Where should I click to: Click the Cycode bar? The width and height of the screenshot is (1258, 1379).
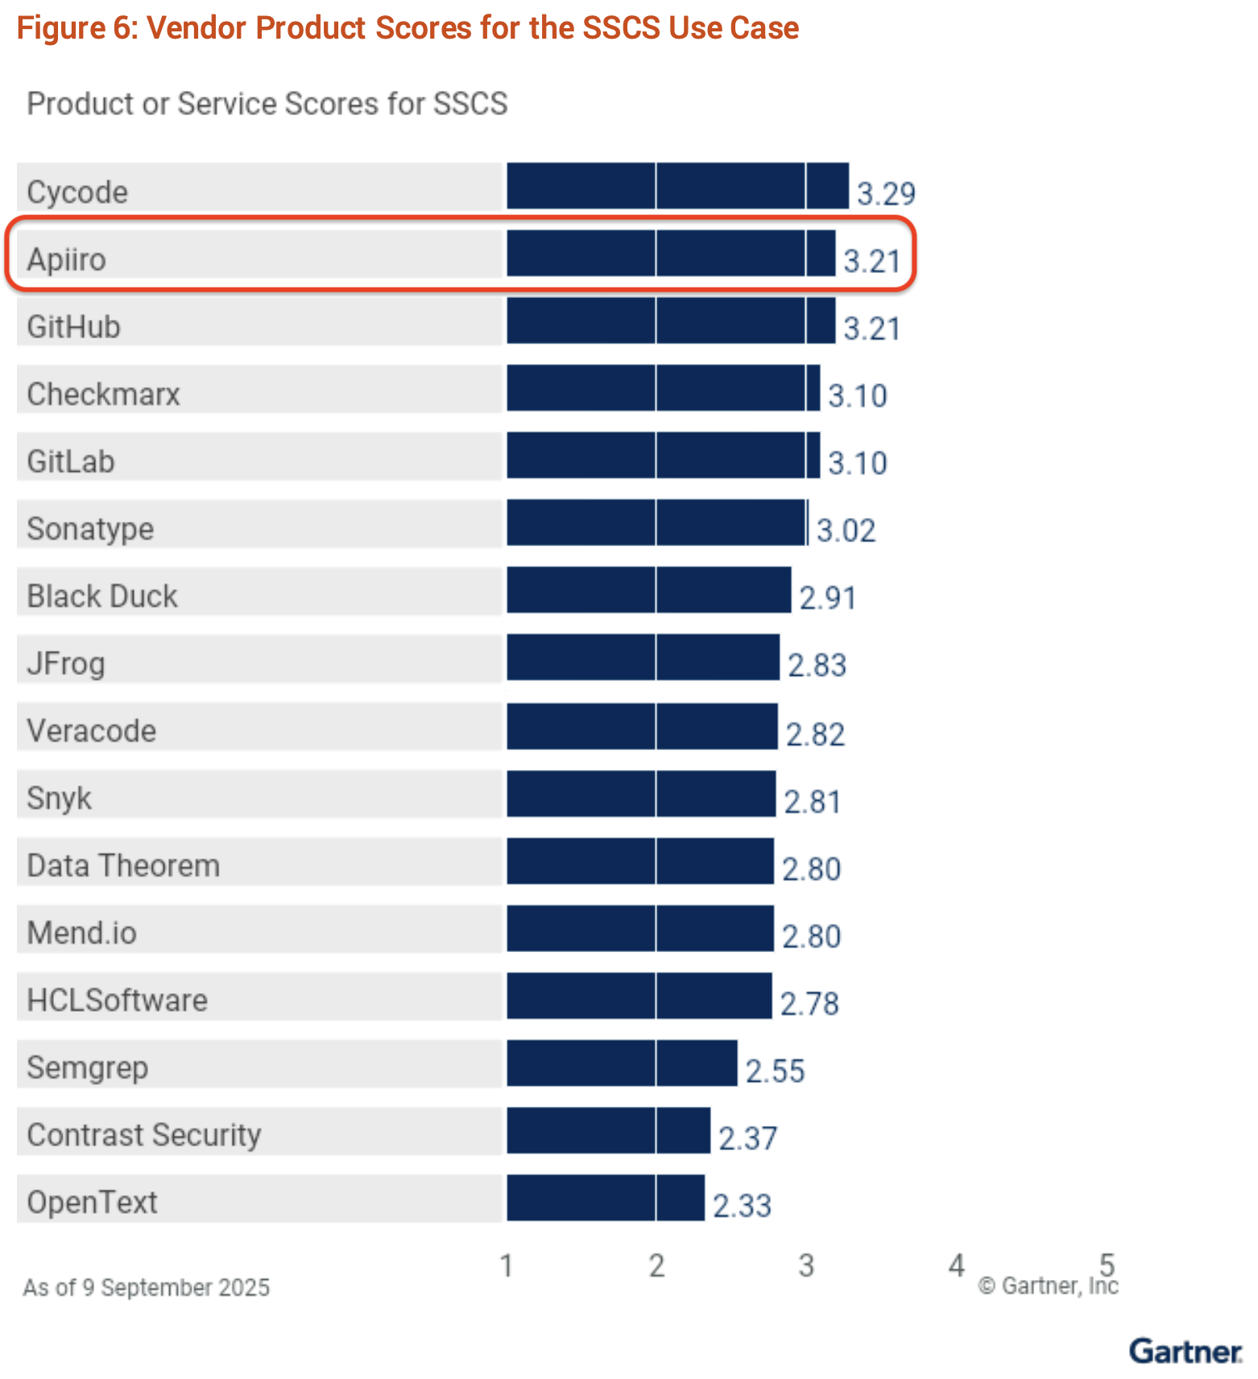pyautogui.click(x=677, y=186)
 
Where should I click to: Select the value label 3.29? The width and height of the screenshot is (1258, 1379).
pyautogui.click(x=885, y=193)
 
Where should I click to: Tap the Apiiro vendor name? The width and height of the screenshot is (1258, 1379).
pyautogui.click(x=66, y=259)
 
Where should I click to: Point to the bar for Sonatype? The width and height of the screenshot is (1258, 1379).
pyautogui.click(x=656, y=523)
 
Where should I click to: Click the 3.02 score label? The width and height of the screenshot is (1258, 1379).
pyautogui.click(x=846, y=530)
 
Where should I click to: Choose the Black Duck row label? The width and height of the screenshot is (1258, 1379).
pyautogui.click(x=102, y=596)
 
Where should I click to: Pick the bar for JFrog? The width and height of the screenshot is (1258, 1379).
pyautogui.click(x=643, y=657)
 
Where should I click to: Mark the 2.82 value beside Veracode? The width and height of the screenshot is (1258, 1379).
pyautogui.click(x=815, y=734)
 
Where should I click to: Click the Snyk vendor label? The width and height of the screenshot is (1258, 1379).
pyautogui.click(x=59, y=798)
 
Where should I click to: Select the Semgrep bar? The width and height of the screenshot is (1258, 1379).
pyautogui.click(x=622, y=1062)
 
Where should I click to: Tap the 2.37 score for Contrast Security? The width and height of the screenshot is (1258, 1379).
pyautogui.click(x=747, y=1138)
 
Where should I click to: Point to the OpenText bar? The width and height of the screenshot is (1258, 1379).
pyautogui.click(x=606, y=1198)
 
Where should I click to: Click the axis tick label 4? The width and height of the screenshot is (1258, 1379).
pyautogui.click(x=956, y=1265)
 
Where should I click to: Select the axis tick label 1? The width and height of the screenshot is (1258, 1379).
pyautogui.click(x=507, y=1265)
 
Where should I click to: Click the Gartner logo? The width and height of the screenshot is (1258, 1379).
pyautogui.click(x=1185, y=1351)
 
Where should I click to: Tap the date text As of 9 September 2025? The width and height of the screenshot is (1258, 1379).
pyautogui.click(x=146, y=1287)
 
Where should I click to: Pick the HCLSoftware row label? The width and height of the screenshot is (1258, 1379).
pyautogui.click(x=117, y=1000)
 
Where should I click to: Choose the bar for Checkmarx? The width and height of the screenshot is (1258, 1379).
pyautogui.click(x=663, y=388)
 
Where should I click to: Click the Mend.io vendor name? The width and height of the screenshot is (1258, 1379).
pyautogui.click(x=81, y=933)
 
